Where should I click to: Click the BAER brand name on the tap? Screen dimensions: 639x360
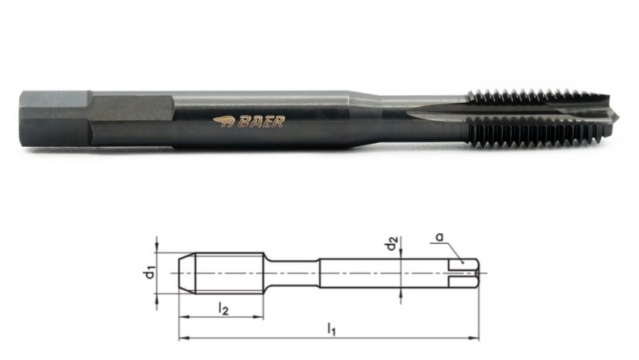261,122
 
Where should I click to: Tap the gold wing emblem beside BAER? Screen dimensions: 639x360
224,122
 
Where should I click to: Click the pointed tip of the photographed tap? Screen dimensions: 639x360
618,117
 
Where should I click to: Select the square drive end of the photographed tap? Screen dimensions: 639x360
55,118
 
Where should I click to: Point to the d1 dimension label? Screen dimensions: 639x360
150,273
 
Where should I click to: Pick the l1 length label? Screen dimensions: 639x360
332,329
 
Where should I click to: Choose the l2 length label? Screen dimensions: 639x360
223,308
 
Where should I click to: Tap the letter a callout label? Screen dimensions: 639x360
439,237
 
